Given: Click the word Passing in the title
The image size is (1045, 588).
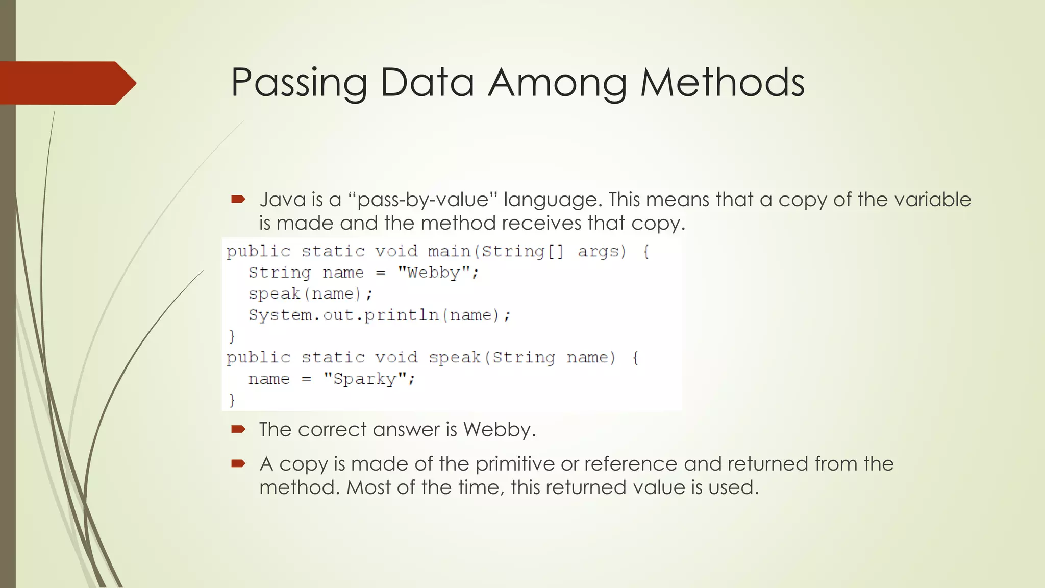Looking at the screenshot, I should [x=298, y=83].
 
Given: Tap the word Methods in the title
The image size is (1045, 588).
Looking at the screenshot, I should [x=722, y=83].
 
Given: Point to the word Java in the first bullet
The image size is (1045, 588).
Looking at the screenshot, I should [x=283, y=200].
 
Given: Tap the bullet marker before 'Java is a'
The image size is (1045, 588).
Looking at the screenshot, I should [x=238, y=199].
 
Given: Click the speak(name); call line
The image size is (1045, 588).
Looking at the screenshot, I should [x=310, y=294].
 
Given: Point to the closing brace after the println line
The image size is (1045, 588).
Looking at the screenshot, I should [x=232, y=336].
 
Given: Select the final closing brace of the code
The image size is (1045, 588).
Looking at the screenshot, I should [x=232, y=400].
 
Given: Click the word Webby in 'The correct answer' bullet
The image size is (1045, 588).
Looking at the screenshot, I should [x=498, y=429].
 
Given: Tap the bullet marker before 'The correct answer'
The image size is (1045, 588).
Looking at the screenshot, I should [x=238, y=429].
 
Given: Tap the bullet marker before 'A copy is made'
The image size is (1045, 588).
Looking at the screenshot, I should [x=238, y=463].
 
